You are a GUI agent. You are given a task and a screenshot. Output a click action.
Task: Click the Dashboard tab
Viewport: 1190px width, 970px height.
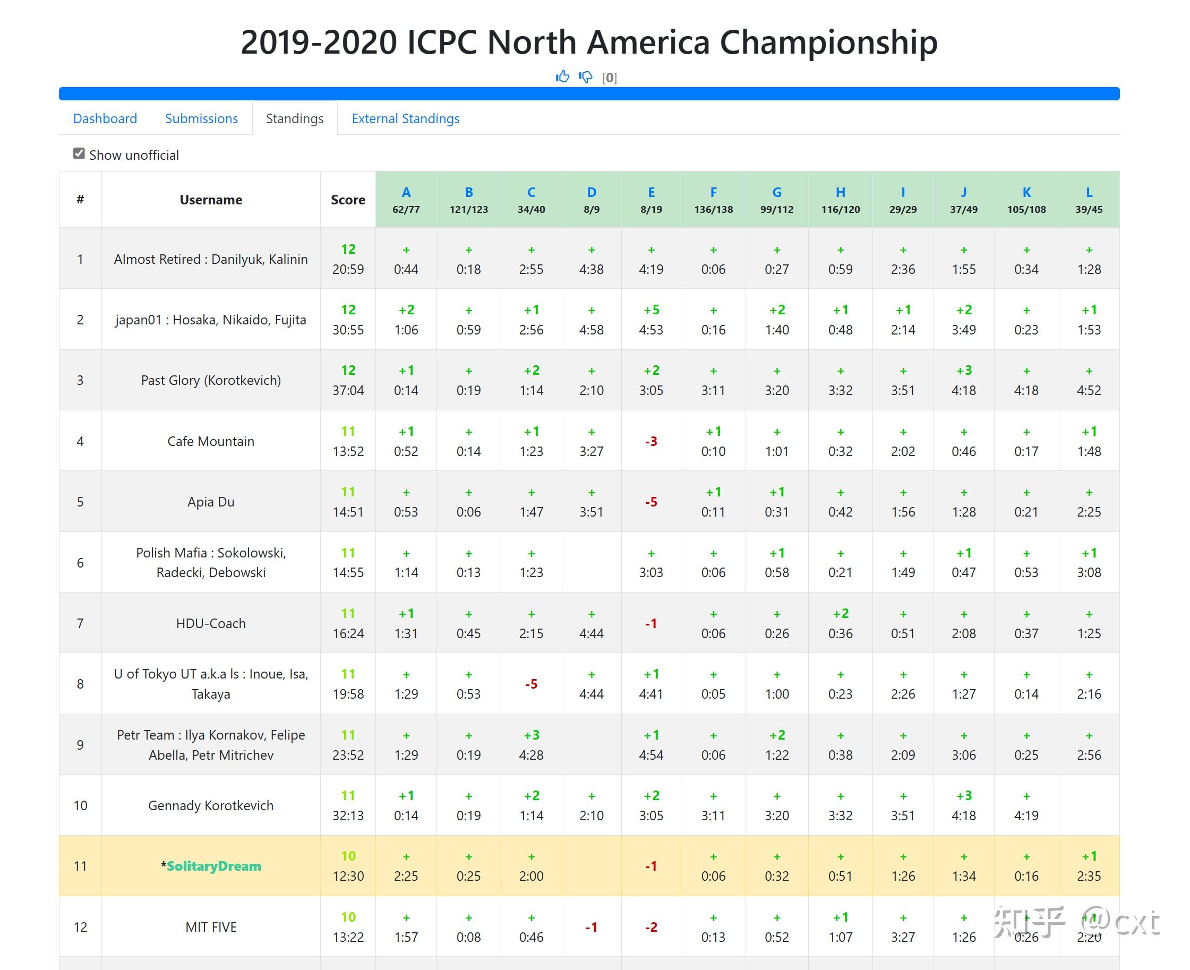point(105,118)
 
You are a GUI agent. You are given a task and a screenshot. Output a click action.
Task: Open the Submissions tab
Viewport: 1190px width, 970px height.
point(201,118)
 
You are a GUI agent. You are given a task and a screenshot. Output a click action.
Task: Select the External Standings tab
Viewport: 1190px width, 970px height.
point(405,118)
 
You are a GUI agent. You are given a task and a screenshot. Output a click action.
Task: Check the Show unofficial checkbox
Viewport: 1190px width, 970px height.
point(79,153)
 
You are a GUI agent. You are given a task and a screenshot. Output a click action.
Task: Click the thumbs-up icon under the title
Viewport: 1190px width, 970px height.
point(562,76)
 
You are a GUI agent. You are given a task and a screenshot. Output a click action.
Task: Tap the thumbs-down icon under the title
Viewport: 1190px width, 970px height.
point(585,76)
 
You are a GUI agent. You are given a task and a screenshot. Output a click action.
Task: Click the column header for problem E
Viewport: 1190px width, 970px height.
point(651,192)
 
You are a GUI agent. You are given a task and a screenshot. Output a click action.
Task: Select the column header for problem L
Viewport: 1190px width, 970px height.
point(1088,192)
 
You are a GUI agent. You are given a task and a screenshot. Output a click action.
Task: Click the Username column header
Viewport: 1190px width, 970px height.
point(211,200)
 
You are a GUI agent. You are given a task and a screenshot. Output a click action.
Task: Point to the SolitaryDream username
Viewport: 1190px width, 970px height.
point(213,866)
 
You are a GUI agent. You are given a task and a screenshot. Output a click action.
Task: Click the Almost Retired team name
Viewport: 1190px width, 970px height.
point(211,259)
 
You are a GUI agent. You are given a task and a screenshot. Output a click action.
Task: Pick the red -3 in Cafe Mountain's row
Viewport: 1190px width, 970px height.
point(651,441)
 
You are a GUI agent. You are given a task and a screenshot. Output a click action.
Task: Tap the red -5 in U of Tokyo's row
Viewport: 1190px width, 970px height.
point(531,684)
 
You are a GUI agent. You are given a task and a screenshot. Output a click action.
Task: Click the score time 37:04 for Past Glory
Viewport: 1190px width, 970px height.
point(348,390)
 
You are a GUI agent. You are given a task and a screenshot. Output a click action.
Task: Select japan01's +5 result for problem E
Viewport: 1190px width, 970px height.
point(651,310)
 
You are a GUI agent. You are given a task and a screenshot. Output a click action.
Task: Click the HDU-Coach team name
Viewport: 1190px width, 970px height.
point(211,623)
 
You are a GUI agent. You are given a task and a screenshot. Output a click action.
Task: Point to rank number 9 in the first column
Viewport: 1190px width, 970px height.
point(80,745)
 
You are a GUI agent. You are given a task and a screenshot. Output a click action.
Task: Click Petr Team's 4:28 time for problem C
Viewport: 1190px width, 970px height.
point(531,755)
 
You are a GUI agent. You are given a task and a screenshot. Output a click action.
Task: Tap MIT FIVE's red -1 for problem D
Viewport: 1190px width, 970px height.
point(592,927)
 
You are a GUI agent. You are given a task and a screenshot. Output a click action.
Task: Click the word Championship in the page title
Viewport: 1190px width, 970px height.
point(828,42)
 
